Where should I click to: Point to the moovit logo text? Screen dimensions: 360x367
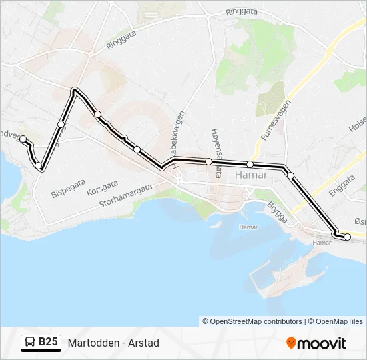[x=322, y=343]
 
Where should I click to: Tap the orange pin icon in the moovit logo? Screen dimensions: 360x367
[x=291, y=343]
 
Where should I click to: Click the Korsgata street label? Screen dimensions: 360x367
[x=102, y=186]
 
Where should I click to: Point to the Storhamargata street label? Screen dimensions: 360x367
[x=126, y=196]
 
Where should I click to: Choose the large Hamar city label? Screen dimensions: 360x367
[x=251, y=175]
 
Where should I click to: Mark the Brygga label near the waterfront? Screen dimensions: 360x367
[x=276, y=212]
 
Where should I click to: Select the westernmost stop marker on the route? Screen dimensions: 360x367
[x=23, y=139]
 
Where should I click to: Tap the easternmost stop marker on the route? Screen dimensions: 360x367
[x=347, y=237]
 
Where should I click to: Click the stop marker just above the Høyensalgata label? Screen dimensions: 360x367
[x=208, y=161]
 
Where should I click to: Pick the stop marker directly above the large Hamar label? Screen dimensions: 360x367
[x=250, y=164]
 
